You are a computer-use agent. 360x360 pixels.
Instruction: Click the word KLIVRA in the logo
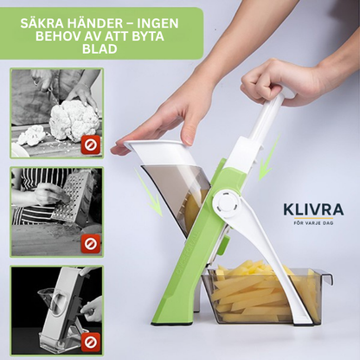(x=312, y=209)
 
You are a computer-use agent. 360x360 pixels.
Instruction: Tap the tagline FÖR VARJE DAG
(x=312, y=222)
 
